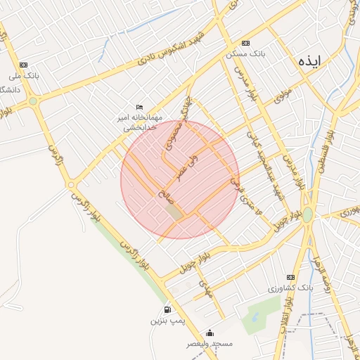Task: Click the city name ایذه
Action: point(309,60)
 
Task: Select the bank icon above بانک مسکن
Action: point(245,43)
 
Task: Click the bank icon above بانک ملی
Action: point(25,64)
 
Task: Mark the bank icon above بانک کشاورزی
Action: point(290,277)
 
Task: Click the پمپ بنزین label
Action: point(167,321)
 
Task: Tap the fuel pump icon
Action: point(167,309)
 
